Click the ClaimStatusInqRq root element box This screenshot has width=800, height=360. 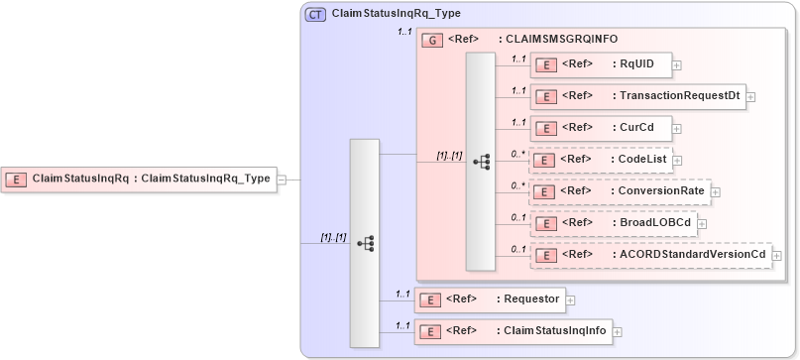click(x=139, y=180)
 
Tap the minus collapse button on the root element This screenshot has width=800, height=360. click(x=283, y=180)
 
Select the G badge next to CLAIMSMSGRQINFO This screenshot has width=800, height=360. click(x=431, y=40)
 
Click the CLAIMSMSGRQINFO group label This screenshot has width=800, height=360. click(x=561, y=40)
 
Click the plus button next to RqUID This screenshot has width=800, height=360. click(x=677, y=65)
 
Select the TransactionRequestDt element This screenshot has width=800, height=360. click(x=637, y=96)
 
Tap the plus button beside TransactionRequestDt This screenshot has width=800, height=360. click(x=750, y=96)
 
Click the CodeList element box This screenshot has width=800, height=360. click(x=601, y=159)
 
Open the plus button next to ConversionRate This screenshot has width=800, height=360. click(x=714, y=190)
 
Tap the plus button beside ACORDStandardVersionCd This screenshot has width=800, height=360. click(x=775, y=255)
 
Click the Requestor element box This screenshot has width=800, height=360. click(x=489, y=299)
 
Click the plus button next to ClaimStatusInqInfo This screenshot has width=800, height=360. click(x=618, y=331)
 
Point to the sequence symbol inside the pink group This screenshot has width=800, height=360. click(x=481, y=161)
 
